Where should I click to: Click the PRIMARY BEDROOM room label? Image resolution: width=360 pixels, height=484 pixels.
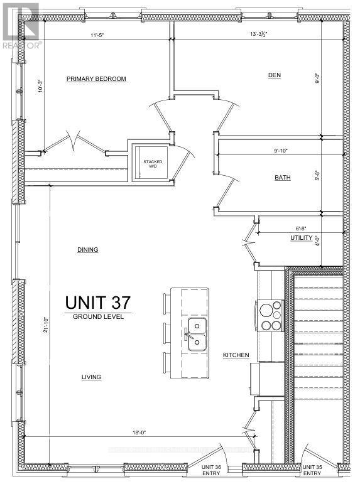coord(97,79)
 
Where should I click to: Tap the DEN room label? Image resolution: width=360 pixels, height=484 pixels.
coord(274,75)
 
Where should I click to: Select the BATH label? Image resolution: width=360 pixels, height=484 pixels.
coord(282,178)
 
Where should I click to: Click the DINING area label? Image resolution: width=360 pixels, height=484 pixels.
coord(87,249)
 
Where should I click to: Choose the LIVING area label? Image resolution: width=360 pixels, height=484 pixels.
coord(90,377)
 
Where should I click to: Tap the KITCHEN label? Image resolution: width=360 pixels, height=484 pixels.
coord(236,355)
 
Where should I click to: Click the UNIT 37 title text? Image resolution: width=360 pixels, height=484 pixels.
coord(97,301)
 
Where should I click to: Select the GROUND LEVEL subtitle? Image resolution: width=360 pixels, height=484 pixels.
coord(97,317)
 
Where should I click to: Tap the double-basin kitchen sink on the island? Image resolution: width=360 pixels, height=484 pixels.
coord(197,333)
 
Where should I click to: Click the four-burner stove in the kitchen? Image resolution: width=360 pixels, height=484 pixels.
coord(270,316)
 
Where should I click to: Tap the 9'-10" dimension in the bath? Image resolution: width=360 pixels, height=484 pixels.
coord(283,151)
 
